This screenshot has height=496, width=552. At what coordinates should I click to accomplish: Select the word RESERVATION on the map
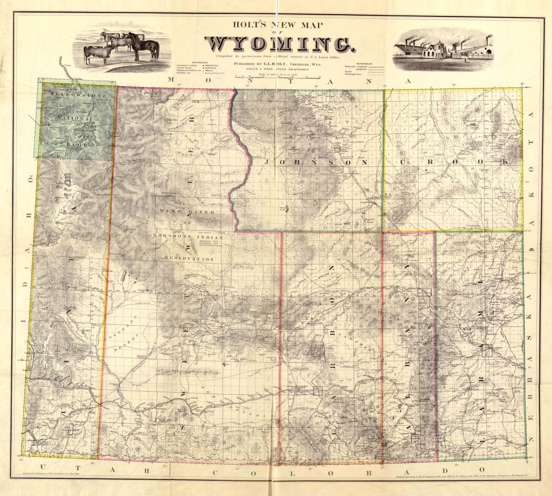(189, 259)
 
